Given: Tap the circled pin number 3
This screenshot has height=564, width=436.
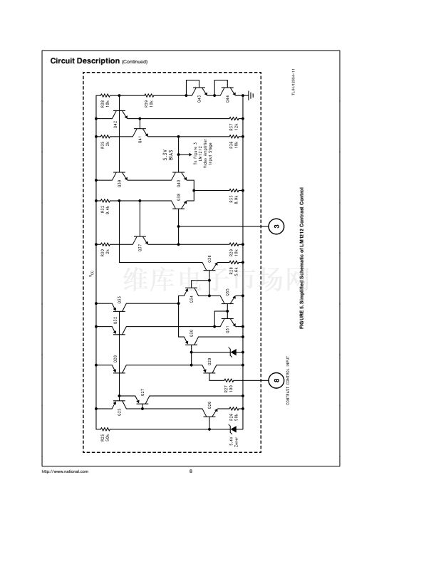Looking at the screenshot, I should [276, 227].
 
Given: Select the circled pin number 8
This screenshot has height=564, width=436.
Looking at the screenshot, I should [276, 380].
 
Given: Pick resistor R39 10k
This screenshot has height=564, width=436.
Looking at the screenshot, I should [150, 95].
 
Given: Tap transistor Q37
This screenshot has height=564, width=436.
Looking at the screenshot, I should [141, 243].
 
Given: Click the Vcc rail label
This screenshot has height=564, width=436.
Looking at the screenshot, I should [90, 273].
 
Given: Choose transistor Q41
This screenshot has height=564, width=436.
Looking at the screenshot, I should [141, 132].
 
